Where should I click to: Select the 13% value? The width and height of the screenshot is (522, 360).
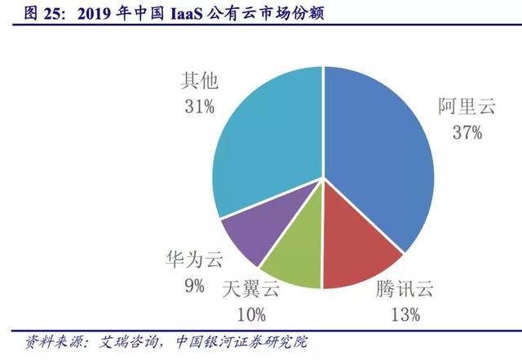405,313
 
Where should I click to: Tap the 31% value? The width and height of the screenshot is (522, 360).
199,106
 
